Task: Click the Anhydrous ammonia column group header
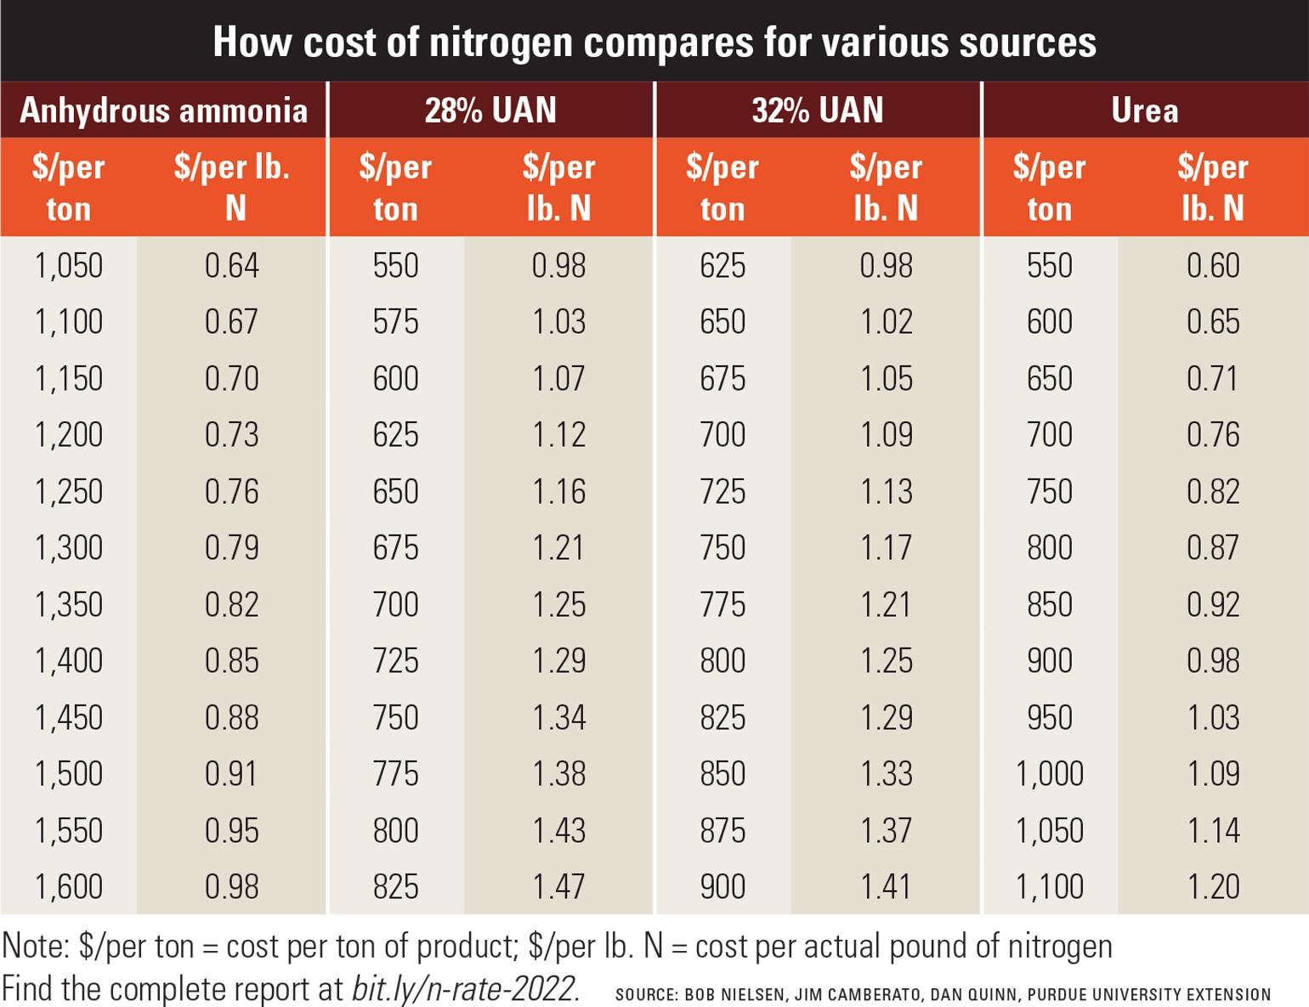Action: [163, 110]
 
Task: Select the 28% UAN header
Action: [490, 110]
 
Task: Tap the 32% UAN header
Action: [818, 110]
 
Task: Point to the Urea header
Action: [1144, 110]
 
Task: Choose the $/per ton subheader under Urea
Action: [1049, 187]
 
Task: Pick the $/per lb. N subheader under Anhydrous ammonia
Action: [232, 187]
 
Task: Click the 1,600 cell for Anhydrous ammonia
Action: [68, 886]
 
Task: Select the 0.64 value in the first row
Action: [231, 265]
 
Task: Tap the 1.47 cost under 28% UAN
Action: [558, 886]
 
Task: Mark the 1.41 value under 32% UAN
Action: [886, 886]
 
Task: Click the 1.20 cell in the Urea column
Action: [1213, 886]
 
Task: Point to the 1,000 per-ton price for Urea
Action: [1049, 773]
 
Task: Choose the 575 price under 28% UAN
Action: [395, 322]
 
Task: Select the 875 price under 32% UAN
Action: [722, 830]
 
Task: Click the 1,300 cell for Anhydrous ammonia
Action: [68, 548]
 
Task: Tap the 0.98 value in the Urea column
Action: [1213, 661]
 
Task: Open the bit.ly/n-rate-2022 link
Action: [466, 989]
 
